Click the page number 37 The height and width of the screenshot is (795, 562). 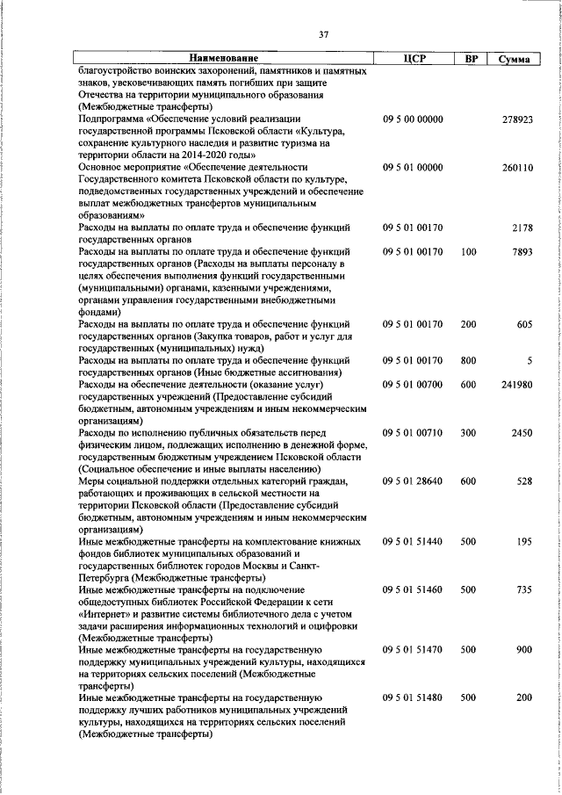[x=323, y=34]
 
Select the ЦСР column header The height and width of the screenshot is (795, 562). [x=413, y=59]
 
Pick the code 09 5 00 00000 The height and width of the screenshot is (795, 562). [x=413, y=119]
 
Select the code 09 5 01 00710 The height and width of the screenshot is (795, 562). [x=413, y=433]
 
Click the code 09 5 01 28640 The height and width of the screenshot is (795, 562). [x=413, y=481]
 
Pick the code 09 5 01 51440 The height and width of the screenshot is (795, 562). [x=413, y=542]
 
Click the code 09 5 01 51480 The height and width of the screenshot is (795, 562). [x=413, y=697]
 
